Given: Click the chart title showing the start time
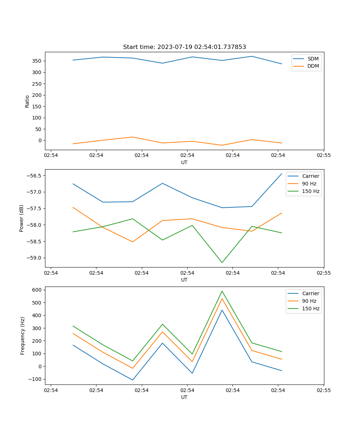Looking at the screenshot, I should (184, 47).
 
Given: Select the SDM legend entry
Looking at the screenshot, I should (312, 59).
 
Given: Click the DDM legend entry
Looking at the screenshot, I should (313, 66).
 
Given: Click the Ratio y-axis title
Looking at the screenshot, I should (27, 101).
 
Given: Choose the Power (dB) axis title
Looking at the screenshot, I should (22, 218).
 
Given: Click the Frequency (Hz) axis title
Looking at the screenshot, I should (23, 336).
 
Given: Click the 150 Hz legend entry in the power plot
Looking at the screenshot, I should (310, 191).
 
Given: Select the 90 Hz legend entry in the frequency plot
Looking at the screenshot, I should (309, 301).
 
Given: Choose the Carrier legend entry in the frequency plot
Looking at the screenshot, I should (310, 293).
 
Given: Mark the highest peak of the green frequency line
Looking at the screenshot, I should (222, 291).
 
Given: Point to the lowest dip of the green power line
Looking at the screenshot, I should (222, 262).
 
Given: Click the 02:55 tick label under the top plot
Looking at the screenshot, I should (323, 156).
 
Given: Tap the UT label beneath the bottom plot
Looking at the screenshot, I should (184, 397).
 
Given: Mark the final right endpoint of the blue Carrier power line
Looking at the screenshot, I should (282, 174).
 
